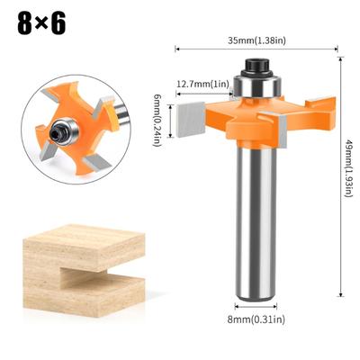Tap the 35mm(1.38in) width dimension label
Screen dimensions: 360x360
256,40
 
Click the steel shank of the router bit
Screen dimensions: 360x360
256,225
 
